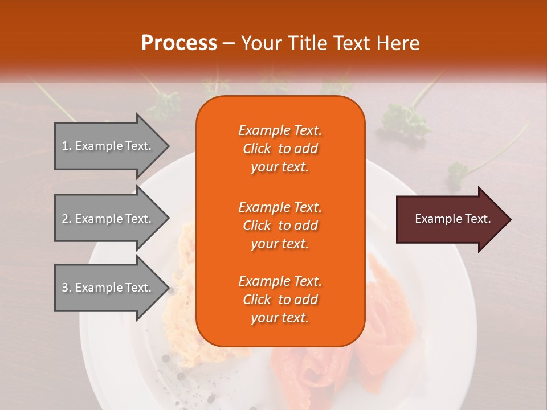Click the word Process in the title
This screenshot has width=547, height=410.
(x=179, y=43)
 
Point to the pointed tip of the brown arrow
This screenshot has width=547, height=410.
(x=509, y=219)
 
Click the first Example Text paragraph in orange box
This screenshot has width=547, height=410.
(x=280, y=149)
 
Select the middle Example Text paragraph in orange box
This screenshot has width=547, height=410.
(x=280, y=225)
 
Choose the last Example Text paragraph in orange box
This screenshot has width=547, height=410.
(x=280, y=300)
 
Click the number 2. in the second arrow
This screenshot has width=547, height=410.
(x=67, y=219)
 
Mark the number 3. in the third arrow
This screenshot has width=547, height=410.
(x=67, y=288)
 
